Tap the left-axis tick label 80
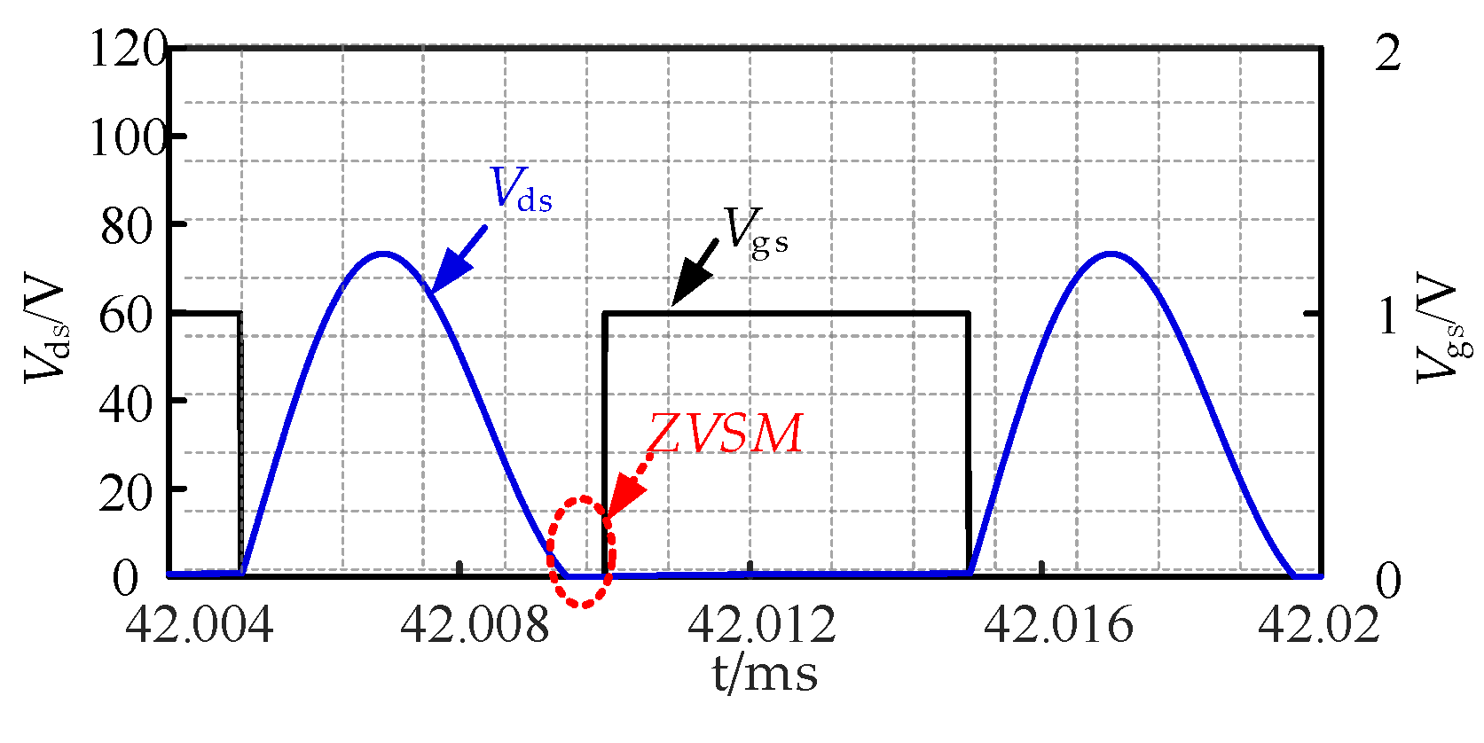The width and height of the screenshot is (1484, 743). coord(127,227)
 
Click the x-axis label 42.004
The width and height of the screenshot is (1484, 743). coord(199,625)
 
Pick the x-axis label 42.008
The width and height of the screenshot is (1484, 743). coord(475,625)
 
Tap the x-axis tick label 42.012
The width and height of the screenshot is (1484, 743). coord(761,625)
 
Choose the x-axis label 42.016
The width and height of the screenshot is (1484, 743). coord(1057,625)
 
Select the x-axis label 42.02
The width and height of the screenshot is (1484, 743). coord(1319,625)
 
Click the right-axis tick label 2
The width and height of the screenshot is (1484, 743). coord(1387,53)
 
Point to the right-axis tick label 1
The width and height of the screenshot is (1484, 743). coord(1389,317)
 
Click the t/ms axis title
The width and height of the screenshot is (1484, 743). coord(765,674)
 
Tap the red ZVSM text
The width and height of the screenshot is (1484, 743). coord(725,434)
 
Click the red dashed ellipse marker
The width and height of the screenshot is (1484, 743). coord(581,551)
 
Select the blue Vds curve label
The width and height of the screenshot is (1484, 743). coord(522,189)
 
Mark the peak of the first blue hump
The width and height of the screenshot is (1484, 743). coord(382,254)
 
